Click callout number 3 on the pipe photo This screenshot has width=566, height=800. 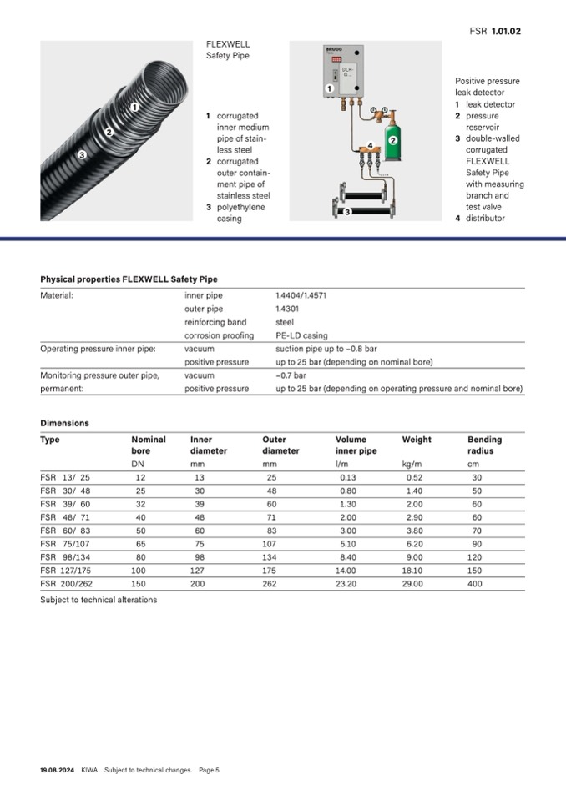click(82, 154)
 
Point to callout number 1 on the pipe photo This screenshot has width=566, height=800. click(134, 108)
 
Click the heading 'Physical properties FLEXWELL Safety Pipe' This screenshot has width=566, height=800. click(129, 279)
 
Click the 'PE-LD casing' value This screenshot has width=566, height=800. click(301, 335)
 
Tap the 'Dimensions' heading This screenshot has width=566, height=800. click(64, 423)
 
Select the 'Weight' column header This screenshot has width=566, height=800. click(417, 440)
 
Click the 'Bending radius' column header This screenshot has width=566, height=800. click(484, 445)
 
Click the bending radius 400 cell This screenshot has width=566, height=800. click(475, 584)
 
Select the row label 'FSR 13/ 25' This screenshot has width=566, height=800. click(65, 477)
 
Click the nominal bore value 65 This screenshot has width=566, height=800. click(139, 544)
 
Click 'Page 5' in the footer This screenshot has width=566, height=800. click(209, 770)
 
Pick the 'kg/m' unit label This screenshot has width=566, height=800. click(411, 463)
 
